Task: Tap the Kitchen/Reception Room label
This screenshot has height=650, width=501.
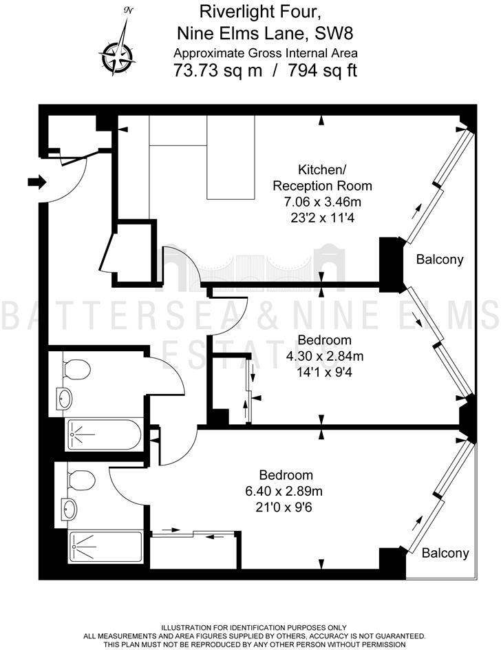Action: (x=322, y=178)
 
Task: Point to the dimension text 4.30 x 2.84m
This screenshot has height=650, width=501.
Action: (x=324, y=355)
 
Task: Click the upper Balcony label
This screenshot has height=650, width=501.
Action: (x=440, y=260)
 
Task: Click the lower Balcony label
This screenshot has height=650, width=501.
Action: (x=445, y=552)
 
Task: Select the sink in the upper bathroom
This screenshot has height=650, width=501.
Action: (x=65, y=398)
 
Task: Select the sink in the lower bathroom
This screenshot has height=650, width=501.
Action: (x=67, y=510)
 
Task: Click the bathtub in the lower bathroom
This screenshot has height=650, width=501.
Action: (x=105, y=547)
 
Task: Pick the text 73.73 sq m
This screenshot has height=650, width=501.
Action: (x=217, y=70)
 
